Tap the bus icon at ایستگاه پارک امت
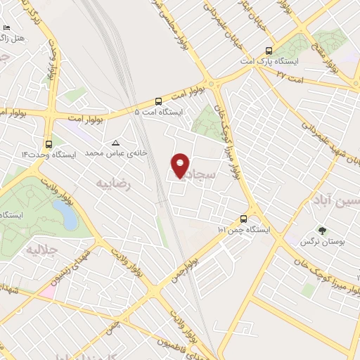point(269,51)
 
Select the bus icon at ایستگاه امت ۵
point(158,100)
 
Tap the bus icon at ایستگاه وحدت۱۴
point(48,142)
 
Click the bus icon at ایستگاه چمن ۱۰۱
point(243,218)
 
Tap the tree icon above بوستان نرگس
point(322,230)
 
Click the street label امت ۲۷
point(290,74)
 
